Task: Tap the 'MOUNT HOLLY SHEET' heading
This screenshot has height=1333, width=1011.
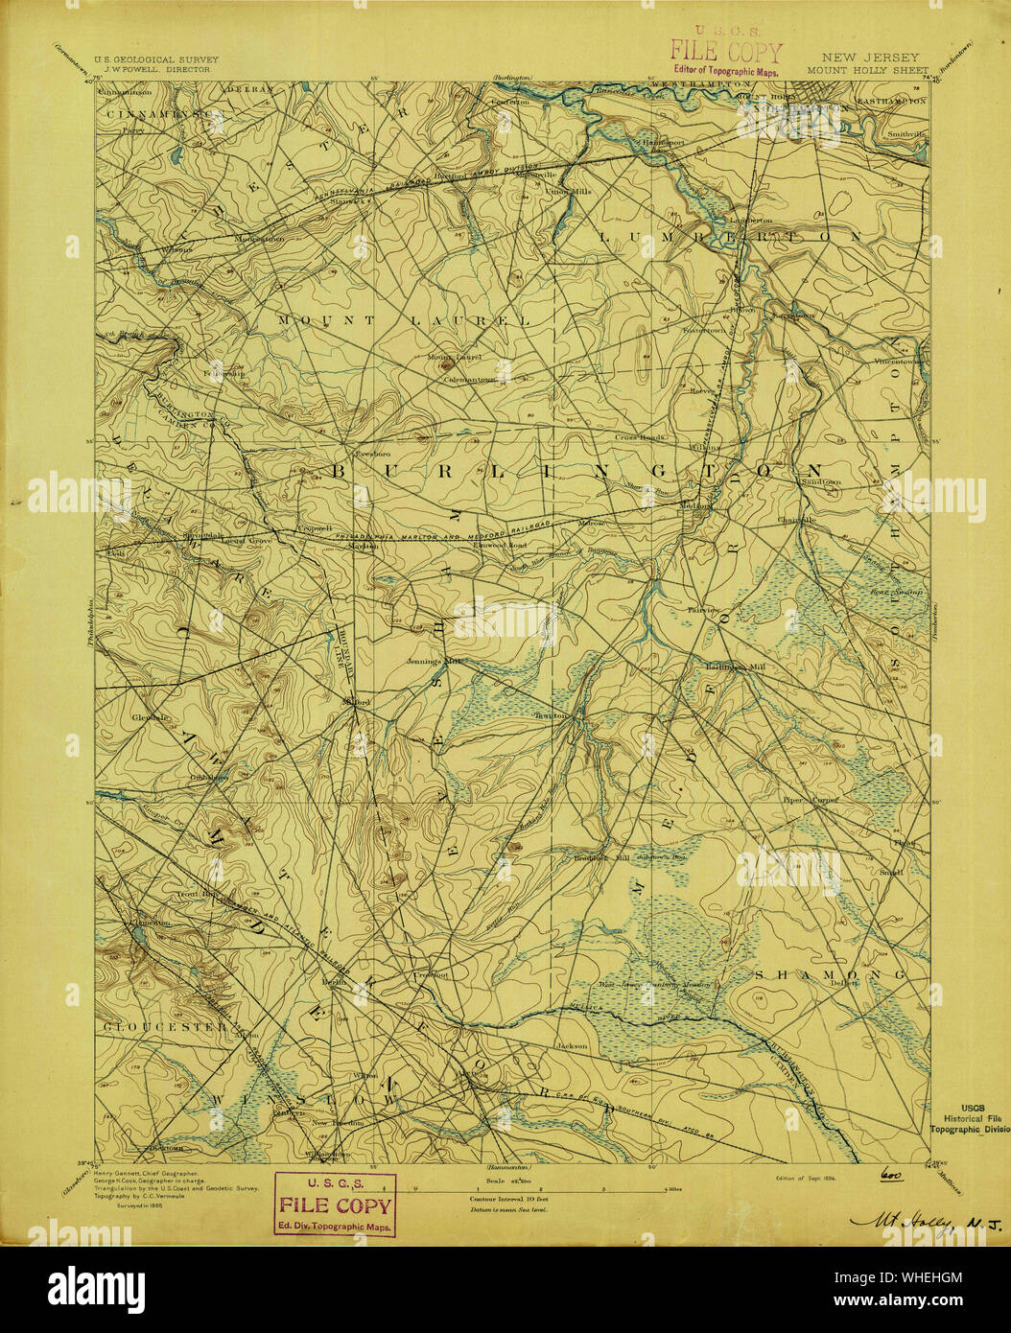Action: pos(867,70)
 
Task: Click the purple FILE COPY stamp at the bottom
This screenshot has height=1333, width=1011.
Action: pos(335,1204)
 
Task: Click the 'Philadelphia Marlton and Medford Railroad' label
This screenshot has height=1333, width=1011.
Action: pos(451,535)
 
